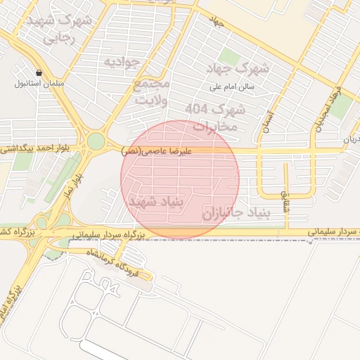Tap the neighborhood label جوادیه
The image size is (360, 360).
click(x=119, y=62)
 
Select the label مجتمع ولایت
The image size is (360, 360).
click(x=152, y=92)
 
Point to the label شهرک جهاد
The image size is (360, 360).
click(x=240, y=68)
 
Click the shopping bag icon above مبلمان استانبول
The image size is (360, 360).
click(x=39, y=72)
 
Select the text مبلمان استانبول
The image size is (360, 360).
click(x=38, y=83)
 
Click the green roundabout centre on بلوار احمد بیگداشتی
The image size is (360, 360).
click(x=96, y=142)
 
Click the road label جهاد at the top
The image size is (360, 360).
click(x=217, y=22)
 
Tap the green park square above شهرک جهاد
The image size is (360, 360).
click(x=228, y=56)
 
